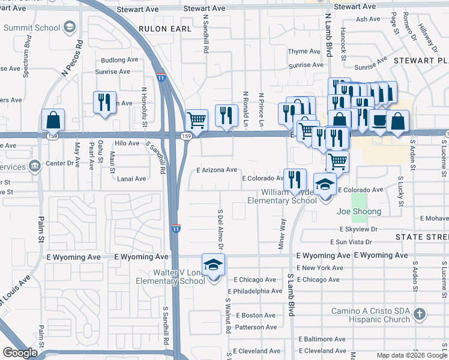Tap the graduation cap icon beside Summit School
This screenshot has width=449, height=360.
pyautogui.click(x=70, y=27)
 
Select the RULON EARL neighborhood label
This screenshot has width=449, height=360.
pyautogui.click(x=164, y=28)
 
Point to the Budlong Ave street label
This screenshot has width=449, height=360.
pyautogui.click(x=119, y=60)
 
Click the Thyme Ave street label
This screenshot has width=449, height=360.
pyautogui.click(x=304, y=52)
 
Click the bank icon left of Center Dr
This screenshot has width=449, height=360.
pyautogui.click(x=35, y=164)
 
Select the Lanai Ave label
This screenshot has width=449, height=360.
pyautogui.click(x=131, y=179)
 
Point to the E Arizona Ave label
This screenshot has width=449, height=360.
pyautogui.click(x=217, y=170)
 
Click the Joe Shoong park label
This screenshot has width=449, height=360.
pyautogui.click(x=359, y=212)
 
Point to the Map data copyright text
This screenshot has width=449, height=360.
pyautogui.click(x=411, y=355)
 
